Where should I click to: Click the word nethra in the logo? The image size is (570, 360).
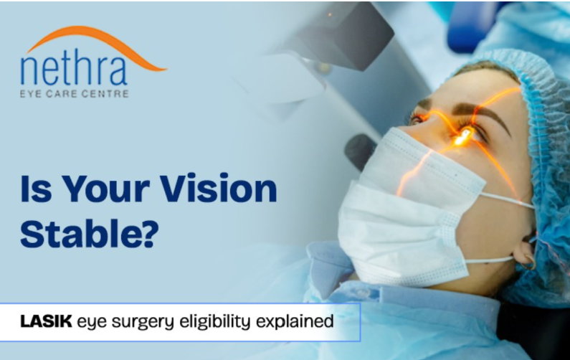[x=75, y=69]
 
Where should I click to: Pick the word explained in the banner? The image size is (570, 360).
[x=302, y=321]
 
